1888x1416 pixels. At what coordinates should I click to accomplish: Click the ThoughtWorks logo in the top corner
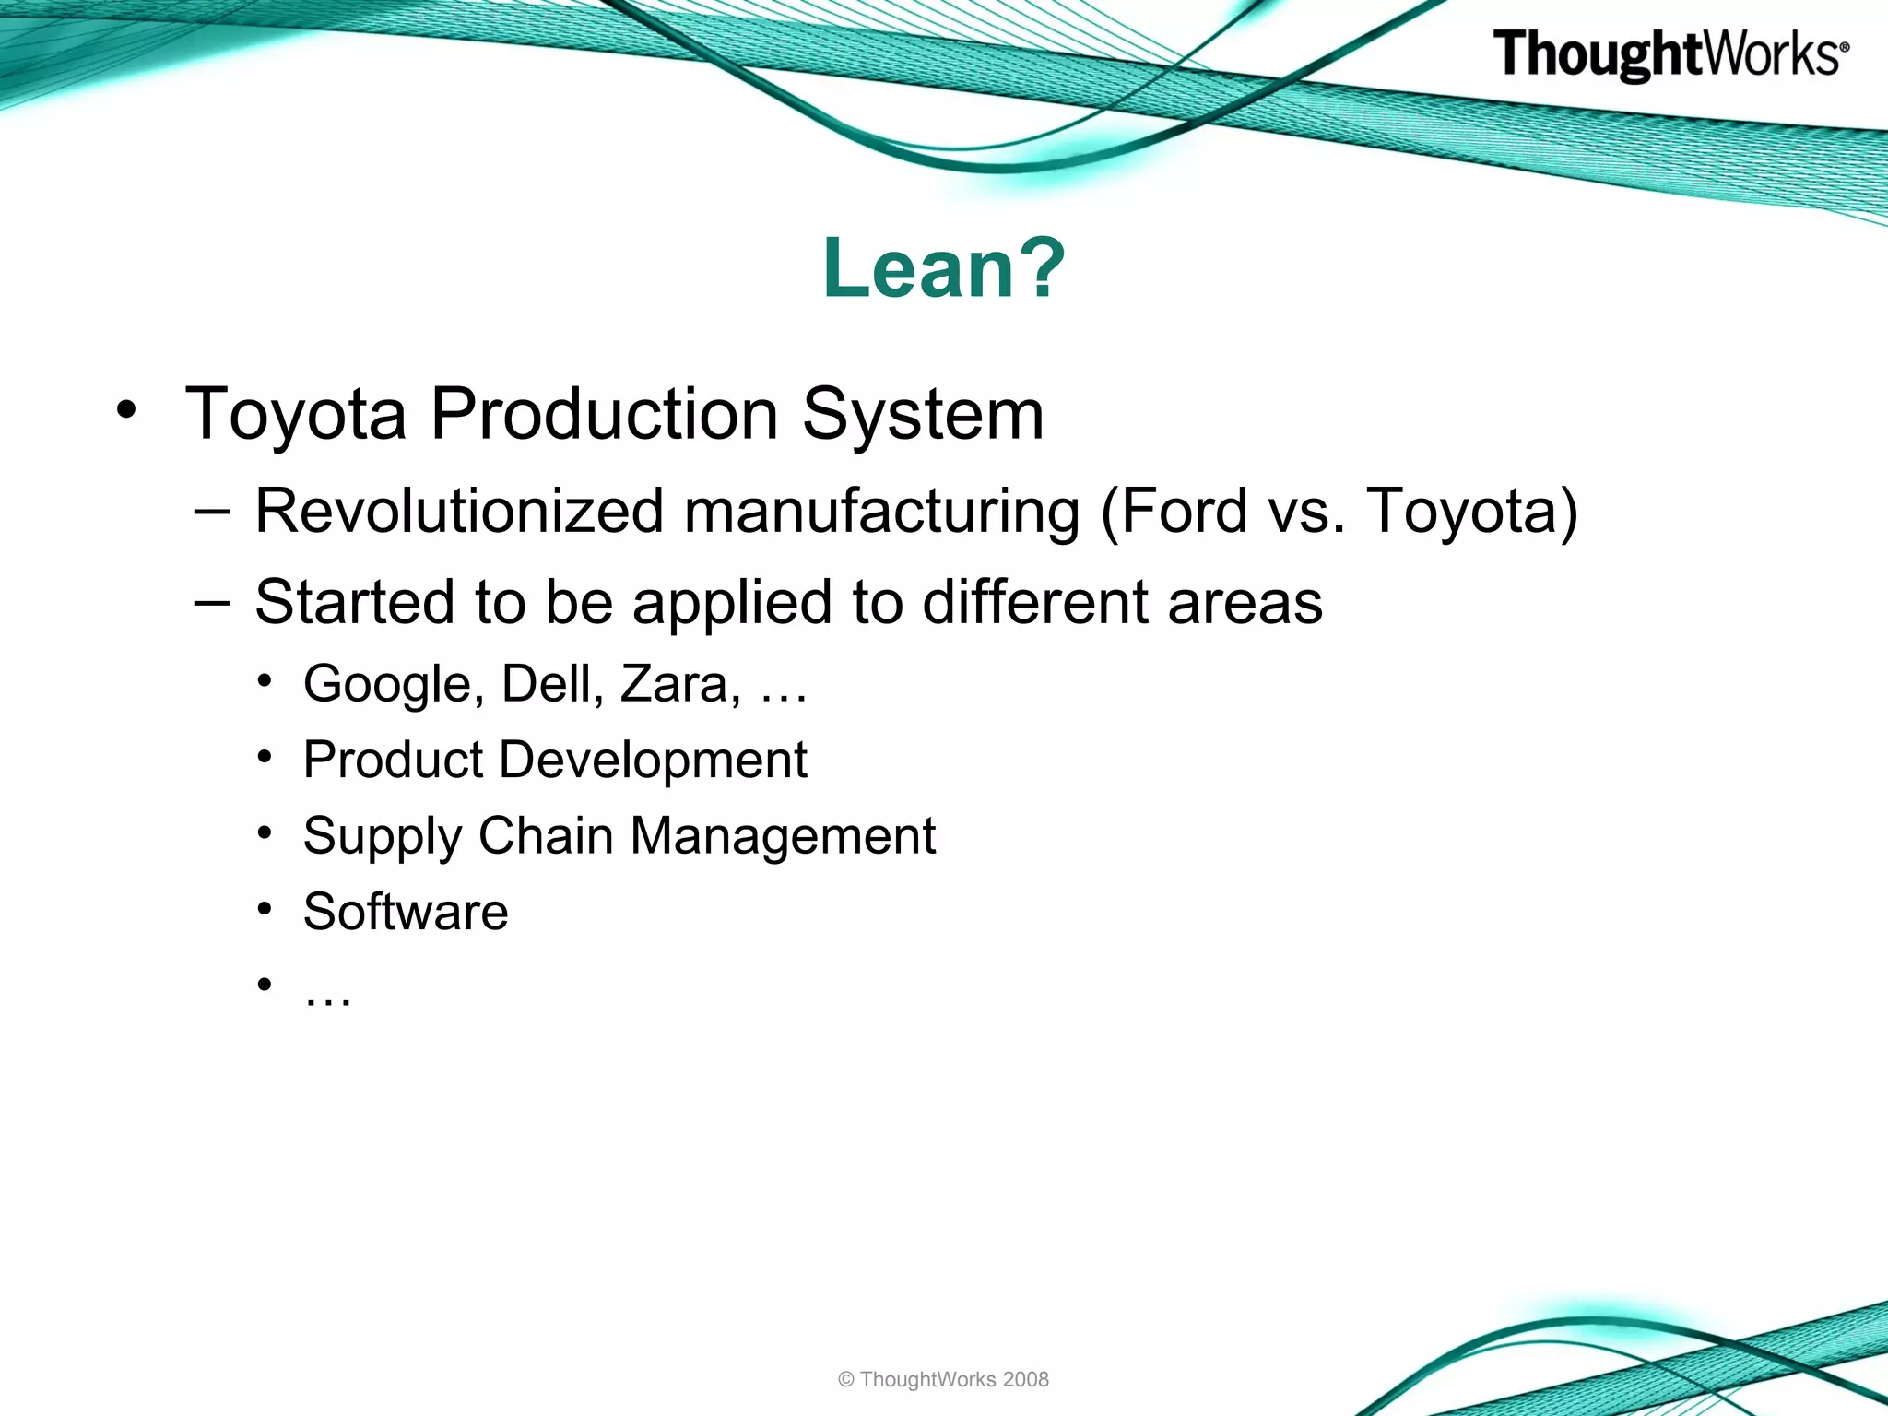point(1670,54)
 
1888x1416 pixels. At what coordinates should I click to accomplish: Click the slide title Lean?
point(944,268)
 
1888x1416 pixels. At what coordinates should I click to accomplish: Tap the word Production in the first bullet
point(605,414)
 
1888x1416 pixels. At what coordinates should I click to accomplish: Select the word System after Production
point(923,414)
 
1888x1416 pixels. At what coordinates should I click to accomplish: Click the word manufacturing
point(881,513)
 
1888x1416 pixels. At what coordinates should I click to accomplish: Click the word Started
point(354,602)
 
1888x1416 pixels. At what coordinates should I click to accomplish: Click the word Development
point(654,761)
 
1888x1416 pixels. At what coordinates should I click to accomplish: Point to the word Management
point(783,837)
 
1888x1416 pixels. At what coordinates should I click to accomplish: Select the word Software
point(406,912)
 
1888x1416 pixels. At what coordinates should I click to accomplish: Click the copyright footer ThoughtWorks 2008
point(943,1380)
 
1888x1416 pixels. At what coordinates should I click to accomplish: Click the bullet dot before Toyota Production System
point(127,410)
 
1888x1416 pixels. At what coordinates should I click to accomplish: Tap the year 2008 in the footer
point(1025,1380)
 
